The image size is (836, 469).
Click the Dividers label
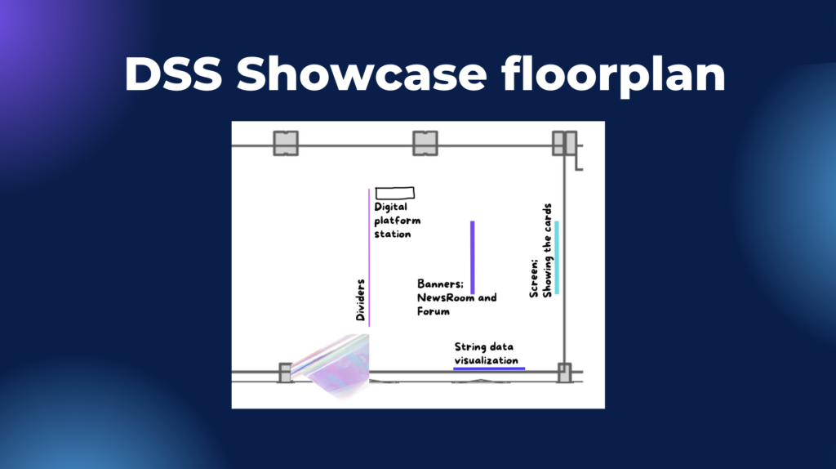click(360, 300)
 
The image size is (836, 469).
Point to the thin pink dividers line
click(369, 257)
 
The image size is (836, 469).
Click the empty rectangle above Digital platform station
click(395, 193)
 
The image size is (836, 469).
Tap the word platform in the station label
click(398, 221)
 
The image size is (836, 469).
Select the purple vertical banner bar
click(473, 257)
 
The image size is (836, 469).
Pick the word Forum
click(433, 311)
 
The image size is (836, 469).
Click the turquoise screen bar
click(557, 257)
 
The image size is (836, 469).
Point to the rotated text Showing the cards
click(547, 250)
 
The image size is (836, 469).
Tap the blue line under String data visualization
click(489, 368)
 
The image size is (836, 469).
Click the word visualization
click(487, 360)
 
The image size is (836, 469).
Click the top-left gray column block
click(286, 144)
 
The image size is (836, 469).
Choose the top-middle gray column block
click(425, 144)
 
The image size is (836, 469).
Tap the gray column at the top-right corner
click(565, 144)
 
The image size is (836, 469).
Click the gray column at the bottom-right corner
click(565, 373)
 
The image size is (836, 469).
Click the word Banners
click(440, 284)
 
